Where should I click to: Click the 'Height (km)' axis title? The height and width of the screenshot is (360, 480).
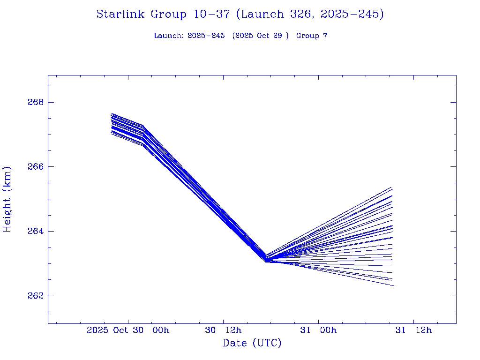click(7, 199)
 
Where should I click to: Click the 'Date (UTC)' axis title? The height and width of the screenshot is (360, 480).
click(252, 343)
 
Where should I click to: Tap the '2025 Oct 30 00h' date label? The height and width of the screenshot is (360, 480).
click(128, 330)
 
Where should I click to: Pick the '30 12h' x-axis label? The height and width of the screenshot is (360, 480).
click(223, 330)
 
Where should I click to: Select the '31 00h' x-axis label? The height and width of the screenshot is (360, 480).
click(319, 330)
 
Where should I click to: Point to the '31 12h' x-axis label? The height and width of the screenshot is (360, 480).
click(413, 330)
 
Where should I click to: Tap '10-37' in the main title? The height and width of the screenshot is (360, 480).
click(211, 15)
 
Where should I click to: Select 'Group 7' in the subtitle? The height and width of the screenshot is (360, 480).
click(312, 36)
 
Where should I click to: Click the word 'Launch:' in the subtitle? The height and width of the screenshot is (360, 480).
click(169, 36)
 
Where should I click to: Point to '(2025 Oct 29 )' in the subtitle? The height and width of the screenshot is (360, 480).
click(261, 36)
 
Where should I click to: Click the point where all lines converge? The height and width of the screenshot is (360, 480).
click(266, 259)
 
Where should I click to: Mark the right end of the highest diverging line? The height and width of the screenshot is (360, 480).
click(391, 187)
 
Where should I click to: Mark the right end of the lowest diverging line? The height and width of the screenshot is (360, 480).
click(394, 285)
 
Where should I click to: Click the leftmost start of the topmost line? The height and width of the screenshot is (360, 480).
click(112, 113)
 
